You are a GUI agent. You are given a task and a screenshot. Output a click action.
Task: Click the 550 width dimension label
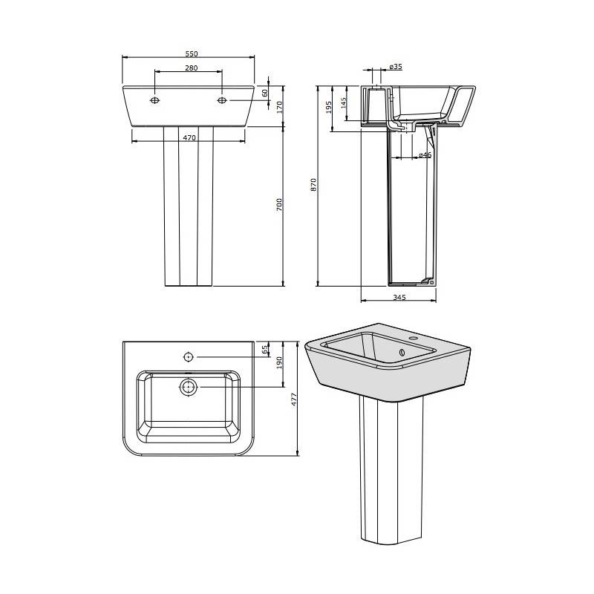192,53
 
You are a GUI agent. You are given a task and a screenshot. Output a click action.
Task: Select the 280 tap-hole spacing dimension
192,68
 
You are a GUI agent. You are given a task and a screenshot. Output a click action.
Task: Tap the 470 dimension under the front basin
189,138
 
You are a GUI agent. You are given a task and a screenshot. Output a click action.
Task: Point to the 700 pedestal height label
279,205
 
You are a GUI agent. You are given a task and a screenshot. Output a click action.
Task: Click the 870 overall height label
313,184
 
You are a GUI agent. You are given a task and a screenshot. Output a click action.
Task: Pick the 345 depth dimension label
399,298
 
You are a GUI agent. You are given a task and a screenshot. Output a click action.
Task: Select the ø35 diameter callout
396,67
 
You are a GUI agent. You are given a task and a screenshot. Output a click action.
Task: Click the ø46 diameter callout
425,154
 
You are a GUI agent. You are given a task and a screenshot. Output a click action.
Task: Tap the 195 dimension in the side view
329,107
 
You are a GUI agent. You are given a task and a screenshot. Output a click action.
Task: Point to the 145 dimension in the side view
344,103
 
